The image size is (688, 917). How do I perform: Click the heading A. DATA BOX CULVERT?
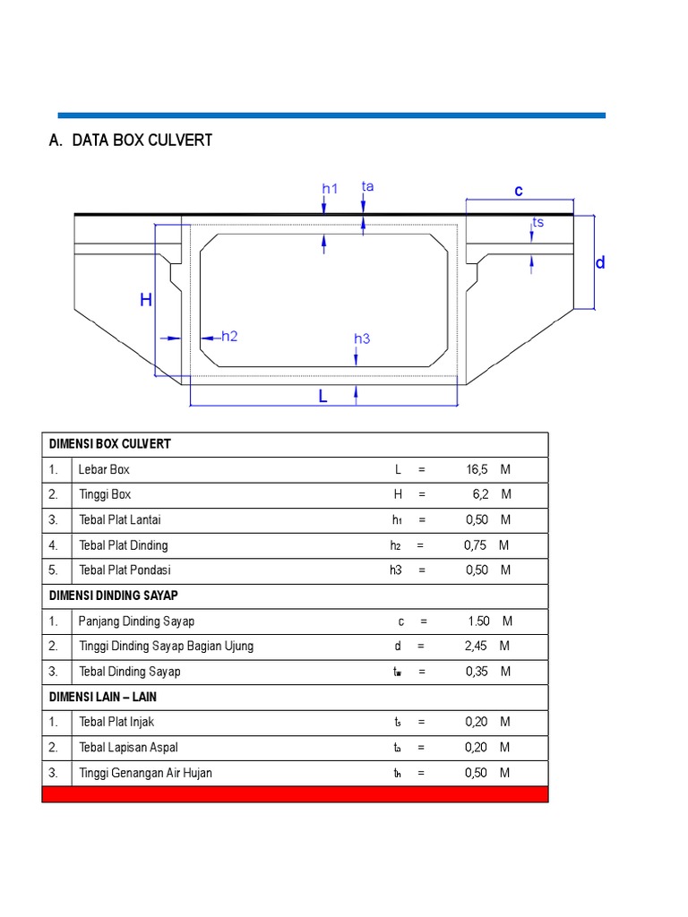click(x=130, y=141)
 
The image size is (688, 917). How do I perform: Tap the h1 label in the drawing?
click(x=330, y=189)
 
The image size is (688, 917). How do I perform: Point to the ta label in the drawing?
click(x=367, y=186)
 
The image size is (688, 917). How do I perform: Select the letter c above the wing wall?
click(x=518, y=191)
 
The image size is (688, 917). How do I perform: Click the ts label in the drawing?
click(x=537, y=222)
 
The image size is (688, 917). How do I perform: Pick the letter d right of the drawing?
click(x=600, y=263)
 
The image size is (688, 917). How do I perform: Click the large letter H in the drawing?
click(x=146, y=301)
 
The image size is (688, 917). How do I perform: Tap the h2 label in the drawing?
click(x=228, y=337)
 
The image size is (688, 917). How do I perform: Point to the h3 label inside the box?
click(x=362, y=339)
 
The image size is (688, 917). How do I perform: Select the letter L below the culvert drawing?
click(x=323, y=397)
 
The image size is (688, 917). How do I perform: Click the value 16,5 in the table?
click(x=477, y=469)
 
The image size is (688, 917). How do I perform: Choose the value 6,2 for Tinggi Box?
click(x=479, y=494)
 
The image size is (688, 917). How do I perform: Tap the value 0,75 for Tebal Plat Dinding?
click(x=476, y=545)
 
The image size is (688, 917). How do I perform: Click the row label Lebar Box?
click(x=104, y=469)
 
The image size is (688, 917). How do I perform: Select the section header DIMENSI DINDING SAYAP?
click(x=114, y=596)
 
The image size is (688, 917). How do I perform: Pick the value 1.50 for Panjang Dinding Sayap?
click(x=478, y=621)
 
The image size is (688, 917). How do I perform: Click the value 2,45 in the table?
click(x=477, y=647)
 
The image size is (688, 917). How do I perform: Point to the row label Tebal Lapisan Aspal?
click(x=134, y=748)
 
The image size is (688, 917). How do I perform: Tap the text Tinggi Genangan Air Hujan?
click(x=145, y=773)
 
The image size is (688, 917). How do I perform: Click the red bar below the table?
click(x=295, y=794)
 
